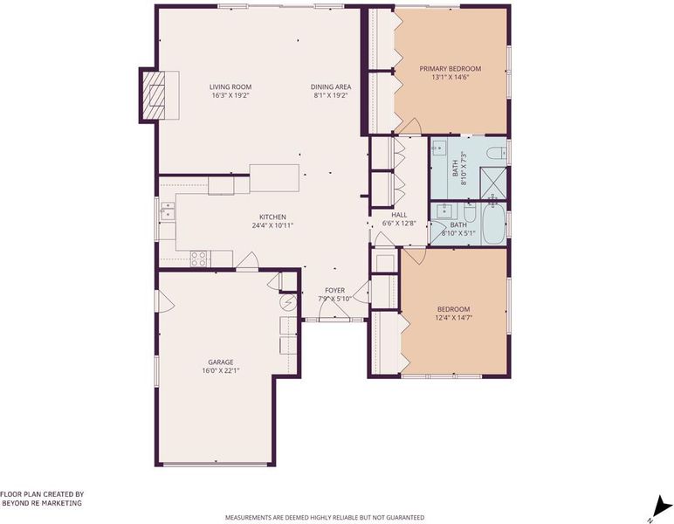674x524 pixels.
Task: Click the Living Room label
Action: [230, 86]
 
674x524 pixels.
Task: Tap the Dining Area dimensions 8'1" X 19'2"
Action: [331, 95]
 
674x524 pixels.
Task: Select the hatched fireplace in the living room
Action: [154, 95]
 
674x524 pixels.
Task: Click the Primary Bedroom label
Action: [450, 69]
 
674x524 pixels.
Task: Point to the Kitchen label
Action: [272, 217]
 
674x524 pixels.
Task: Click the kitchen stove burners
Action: [198, 259]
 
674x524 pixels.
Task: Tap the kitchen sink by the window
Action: [168, 211]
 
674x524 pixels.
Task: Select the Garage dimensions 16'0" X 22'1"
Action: [221, 370]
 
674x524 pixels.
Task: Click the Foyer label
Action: [335, 291]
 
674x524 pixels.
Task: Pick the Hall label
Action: [399, 215]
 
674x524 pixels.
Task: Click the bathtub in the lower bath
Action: [493, 223]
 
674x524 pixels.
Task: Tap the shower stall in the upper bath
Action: [493, 183]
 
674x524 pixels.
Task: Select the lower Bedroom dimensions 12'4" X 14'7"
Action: [453, 318]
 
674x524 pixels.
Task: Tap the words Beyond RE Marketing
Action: [42, 503]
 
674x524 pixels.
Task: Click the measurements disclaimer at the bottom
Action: [325, 518]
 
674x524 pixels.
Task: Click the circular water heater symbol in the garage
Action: [288, 303]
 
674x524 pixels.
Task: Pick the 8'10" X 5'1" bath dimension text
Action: [458, 233]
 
